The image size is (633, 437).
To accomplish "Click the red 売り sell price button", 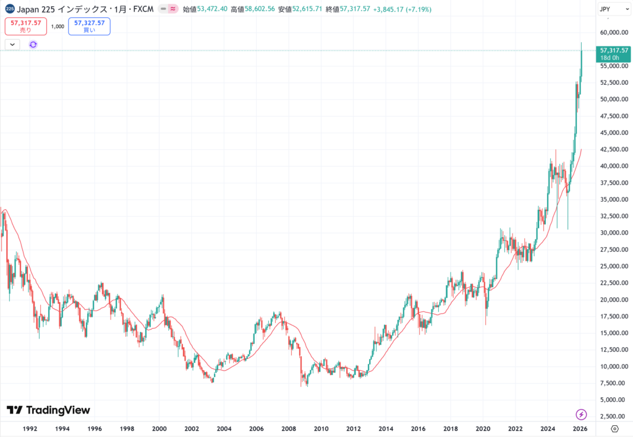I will click(x=25, y=26).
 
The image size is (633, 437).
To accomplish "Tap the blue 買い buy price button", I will click(x=89, y=26).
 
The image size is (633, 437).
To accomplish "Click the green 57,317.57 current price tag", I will click(x=614, y=50).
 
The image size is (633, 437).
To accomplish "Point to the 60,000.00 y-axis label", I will click(x=613, y=32).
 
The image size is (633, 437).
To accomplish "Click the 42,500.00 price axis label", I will click(x=613, y=149).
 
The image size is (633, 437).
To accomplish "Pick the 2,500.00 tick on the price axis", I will click(x=613, y=417).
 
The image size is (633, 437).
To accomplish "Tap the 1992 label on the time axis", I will click(x=30, y=428).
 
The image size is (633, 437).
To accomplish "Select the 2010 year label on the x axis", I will click(x=321, y=428).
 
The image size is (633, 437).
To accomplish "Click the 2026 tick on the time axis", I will click(x=579, y=428).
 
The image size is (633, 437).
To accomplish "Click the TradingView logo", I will click(x=48, y=410).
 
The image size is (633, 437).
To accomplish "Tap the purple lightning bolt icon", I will click(x=581, y=413).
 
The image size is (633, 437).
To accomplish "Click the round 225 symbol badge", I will click(x=10, y=9).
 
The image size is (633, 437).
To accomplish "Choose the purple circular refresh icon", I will click(x=33, y=45).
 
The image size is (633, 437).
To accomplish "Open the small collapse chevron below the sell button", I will click(x=12, y=45).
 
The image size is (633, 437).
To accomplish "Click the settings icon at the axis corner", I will click(x=614, y=428).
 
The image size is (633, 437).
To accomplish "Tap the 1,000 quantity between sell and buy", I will click(x=57, y=27).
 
